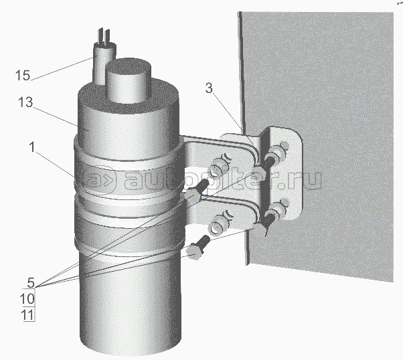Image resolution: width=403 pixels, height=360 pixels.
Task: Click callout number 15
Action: point(23,76)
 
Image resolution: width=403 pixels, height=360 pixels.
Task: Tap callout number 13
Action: point(25,102)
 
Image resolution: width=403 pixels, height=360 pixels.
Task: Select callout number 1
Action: point(32,147)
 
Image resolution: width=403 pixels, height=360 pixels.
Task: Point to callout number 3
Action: point(210,88)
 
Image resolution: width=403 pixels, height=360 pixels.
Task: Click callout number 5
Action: point(31,282)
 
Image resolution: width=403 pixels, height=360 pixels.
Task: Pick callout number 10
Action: point(27,299)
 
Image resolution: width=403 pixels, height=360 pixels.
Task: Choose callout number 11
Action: point(28,315)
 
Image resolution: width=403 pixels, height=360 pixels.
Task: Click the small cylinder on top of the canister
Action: point(129,80)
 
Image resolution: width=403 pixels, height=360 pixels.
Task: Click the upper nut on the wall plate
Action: point(276,154)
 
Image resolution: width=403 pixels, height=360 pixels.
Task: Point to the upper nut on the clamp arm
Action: point(219,169)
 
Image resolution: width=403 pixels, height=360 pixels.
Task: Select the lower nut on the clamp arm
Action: point(219,224)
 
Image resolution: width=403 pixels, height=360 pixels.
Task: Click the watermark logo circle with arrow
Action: point(98,180)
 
